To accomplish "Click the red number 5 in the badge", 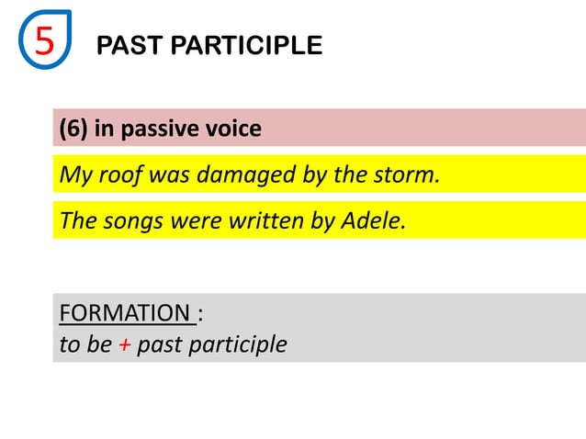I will point(44,41).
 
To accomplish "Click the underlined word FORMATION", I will point(124,313).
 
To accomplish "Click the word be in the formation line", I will point(100,345).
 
